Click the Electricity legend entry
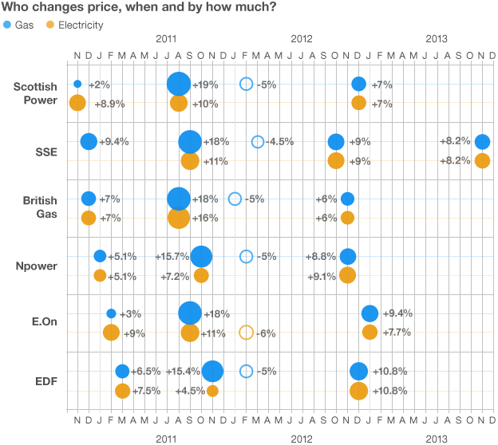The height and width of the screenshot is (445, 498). (x=76, y=25)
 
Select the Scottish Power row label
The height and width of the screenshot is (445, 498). (x=35, y=93)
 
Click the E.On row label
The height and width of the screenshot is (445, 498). (x=42, y=323)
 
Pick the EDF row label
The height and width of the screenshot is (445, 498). (x=45, y=380)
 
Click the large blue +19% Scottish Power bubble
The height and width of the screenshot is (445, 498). (x=179, y=84)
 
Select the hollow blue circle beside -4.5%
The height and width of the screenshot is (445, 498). (x=257, y=142)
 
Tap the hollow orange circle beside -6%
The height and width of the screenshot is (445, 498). (x=247, y=333)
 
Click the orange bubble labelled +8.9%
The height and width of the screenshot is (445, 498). (x=77, y=103)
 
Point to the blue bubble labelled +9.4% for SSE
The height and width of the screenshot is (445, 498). (x=89, y=141)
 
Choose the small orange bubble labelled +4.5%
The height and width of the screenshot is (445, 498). (x=212, y=391)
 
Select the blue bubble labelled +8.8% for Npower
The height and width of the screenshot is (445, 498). (x=347, y=256)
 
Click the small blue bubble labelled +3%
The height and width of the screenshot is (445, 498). (x=111, y=313)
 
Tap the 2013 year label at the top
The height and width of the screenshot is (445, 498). (x=436, y=38)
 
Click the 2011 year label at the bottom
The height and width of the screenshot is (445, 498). (x=167, y=439)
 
